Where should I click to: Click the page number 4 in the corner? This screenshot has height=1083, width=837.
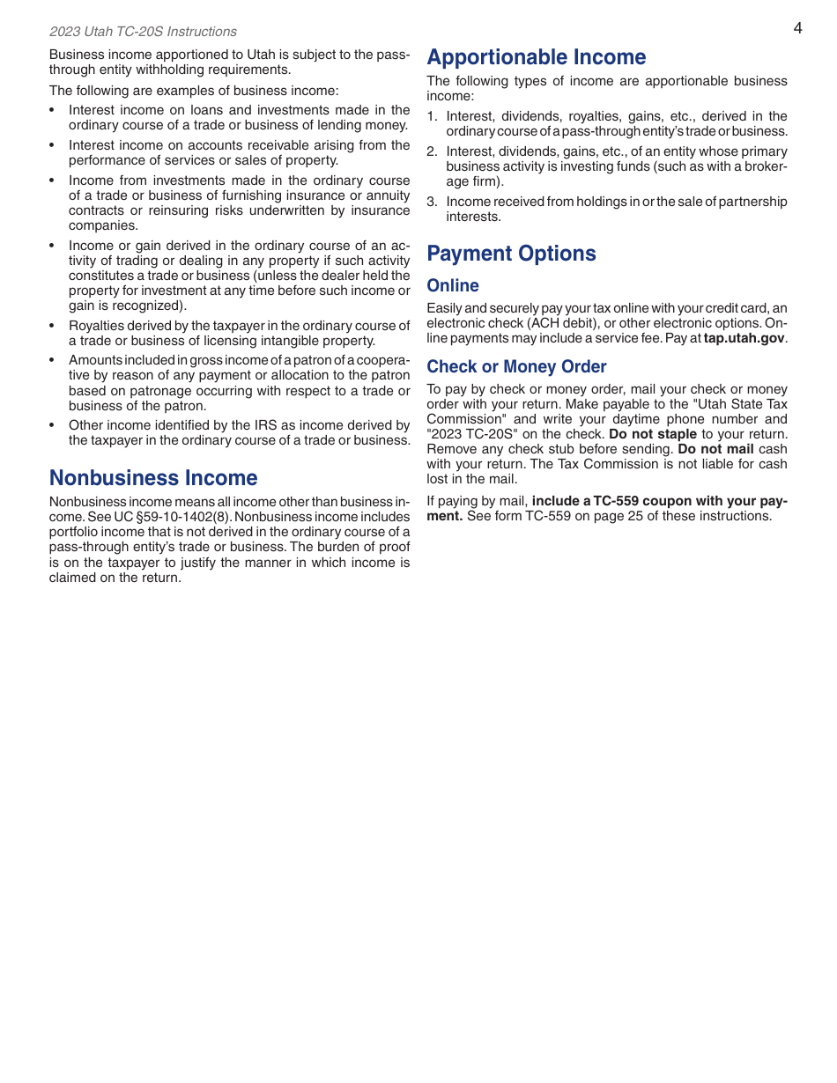[x=797, y=28]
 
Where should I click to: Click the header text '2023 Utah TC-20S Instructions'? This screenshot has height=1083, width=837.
[x=143, y=32]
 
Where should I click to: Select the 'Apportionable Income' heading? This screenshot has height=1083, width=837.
[x=536, y=57]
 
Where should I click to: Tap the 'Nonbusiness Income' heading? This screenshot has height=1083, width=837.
[x=153, y=478]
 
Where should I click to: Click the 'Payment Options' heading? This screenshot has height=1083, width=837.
[x=511, y=254]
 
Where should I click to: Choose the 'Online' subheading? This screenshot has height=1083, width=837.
[x=453, y=285]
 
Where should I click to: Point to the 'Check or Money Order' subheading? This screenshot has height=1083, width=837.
[x=516, y=366]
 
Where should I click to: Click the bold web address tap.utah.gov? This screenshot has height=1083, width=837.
[x=744, y=338]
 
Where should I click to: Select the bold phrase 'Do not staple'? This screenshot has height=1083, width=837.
[x=652, y=434]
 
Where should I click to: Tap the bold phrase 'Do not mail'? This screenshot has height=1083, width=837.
[x=715, y=449]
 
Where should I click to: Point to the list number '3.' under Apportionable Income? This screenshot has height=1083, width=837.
[x=432, y=202]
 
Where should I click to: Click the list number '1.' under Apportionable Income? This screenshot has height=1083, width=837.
[x=432, y=116]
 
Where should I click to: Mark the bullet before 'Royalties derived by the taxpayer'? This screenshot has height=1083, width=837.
[x=52, y=326]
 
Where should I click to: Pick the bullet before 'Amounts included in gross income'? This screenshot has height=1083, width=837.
[x=52, y=360]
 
